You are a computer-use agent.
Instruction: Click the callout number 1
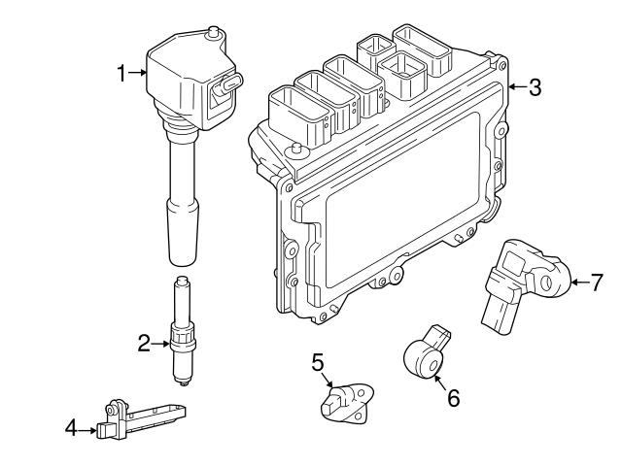(122, 73)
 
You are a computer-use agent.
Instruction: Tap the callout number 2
(144, 343)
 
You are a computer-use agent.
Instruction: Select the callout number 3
(535, 88)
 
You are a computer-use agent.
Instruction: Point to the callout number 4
(70, 425)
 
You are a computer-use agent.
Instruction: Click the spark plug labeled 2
(180, 335)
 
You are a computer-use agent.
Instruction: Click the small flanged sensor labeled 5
(342, 404)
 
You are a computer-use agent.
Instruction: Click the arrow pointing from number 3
(515, 88)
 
